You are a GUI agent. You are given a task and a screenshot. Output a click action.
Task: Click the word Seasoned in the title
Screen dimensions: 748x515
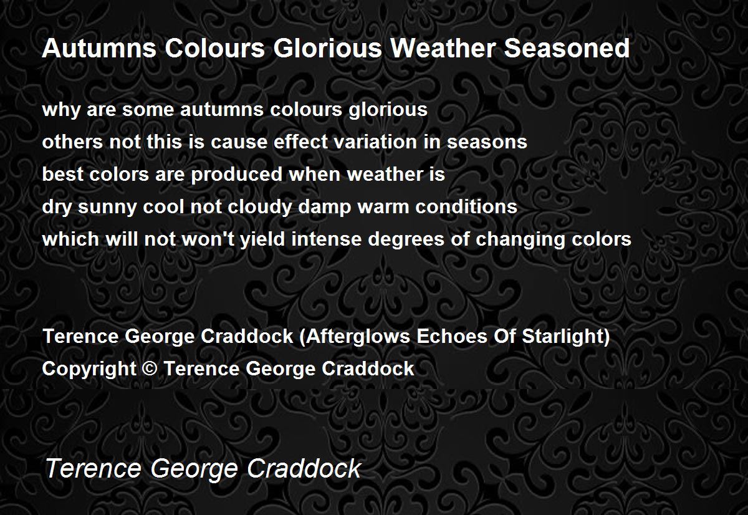tap(567, 48)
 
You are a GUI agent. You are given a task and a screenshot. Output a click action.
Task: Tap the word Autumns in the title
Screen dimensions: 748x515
tap(99, 48)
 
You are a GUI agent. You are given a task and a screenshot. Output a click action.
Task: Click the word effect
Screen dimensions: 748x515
tap(300, 142)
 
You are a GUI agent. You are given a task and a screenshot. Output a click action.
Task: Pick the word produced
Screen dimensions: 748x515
tap(237, 174)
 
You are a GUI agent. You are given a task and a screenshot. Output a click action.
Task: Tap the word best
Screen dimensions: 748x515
tap(62, 174)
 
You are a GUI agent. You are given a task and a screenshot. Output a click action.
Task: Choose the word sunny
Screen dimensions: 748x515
tap(107, 208)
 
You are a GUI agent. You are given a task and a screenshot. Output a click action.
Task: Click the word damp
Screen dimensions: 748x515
tap(324, 208)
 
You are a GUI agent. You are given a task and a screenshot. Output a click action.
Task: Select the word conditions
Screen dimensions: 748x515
tap(466, 206)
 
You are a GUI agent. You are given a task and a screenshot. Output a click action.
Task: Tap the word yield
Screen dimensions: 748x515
tap(262, 240)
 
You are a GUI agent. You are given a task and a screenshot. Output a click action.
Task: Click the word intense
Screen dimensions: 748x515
tap(326, 239)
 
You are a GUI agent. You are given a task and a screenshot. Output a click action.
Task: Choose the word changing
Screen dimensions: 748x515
tap(520, 240)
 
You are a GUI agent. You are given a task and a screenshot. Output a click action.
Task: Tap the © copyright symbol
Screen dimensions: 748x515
tap(150, 368)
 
